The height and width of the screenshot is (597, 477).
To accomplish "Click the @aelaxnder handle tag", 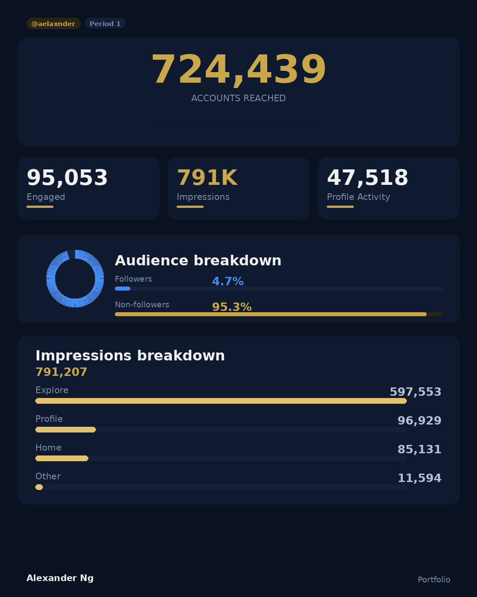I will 53,23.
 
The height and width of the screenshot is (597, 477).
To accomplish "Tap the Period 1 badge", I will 105,23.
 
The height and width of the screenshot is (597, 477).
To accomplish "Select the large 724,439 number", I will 238,69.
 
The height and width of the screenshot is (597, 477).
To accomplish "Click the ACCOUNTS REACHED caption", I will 238,98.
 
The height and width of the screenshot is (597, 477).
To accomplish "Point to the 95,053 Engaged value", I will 67,178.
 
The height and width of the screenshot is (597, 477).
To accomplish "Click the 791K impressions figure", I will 207,178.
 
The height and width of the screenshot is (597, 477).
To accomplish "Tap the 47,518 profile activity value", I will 367,178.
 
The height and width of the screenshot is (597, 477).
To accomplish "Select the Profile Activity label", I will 358,197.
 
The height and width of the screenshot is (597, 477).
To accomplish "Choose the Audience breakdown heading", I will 198,260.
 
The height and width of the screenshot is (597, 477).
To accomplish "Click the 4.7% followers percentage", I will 227,281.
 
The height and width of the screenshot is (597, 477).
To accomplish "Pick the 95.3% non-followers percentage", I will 231,307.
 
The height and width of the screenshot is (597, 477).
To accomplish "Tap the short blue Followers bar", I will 122,288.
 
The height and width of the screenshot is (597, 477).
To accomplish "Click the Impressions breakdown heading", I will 130,356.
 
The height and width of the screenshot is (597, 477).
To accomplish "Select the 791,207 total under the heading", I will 61,372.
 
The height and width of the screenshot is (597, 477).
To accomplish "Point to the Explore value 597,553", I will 415,392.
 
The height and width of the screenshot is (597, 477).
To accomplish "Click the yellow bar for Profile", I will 65,429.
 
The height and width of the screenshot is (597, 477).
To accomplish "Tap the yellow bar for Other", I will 39,487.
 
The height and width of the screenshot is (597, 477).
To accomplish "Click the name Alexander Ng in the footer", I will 60,578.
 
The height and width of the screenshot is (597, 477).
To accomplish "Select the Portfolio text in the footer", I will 434,579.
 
